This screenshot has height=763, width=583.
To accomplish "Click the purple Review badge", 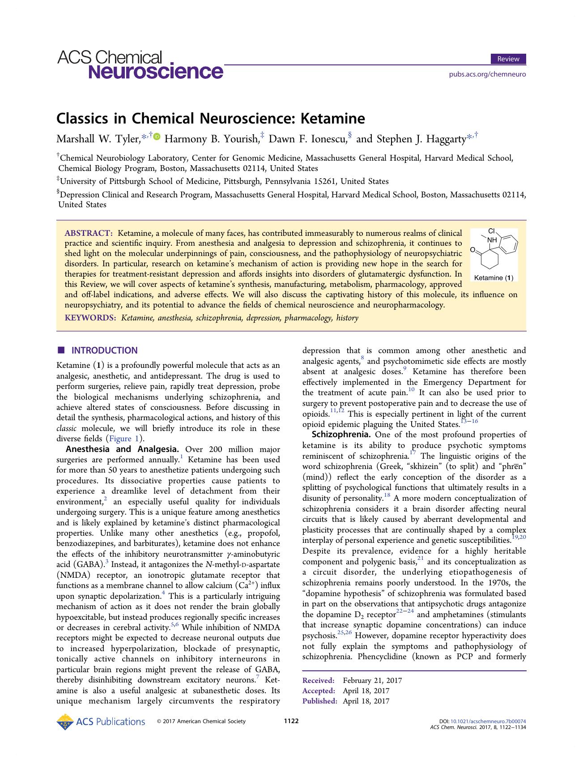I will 508,59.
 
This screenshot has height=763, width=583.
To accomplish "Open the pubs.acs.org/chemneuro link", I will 487,74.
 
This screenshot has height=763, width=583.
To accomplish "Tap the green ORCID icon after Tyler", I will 157,137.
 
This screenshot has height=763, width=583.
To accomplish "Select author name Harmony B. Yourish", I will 212,139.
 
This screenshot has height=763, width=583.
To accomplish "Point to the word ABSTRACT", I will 88,233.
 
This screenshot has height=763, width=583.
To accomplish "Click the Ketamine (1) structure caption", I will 493,278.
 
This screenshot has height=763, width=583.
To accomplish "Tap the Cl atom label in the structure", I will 491,231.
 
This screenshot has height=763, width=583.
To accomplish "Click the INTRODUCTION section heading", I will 104,350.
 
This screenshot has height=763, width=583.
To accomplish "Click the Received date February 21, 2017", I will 372,681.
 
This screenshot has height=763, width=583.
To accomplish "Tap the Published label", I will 319,701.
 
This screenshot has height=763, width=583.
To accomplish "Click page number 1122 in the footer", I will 291,721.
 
